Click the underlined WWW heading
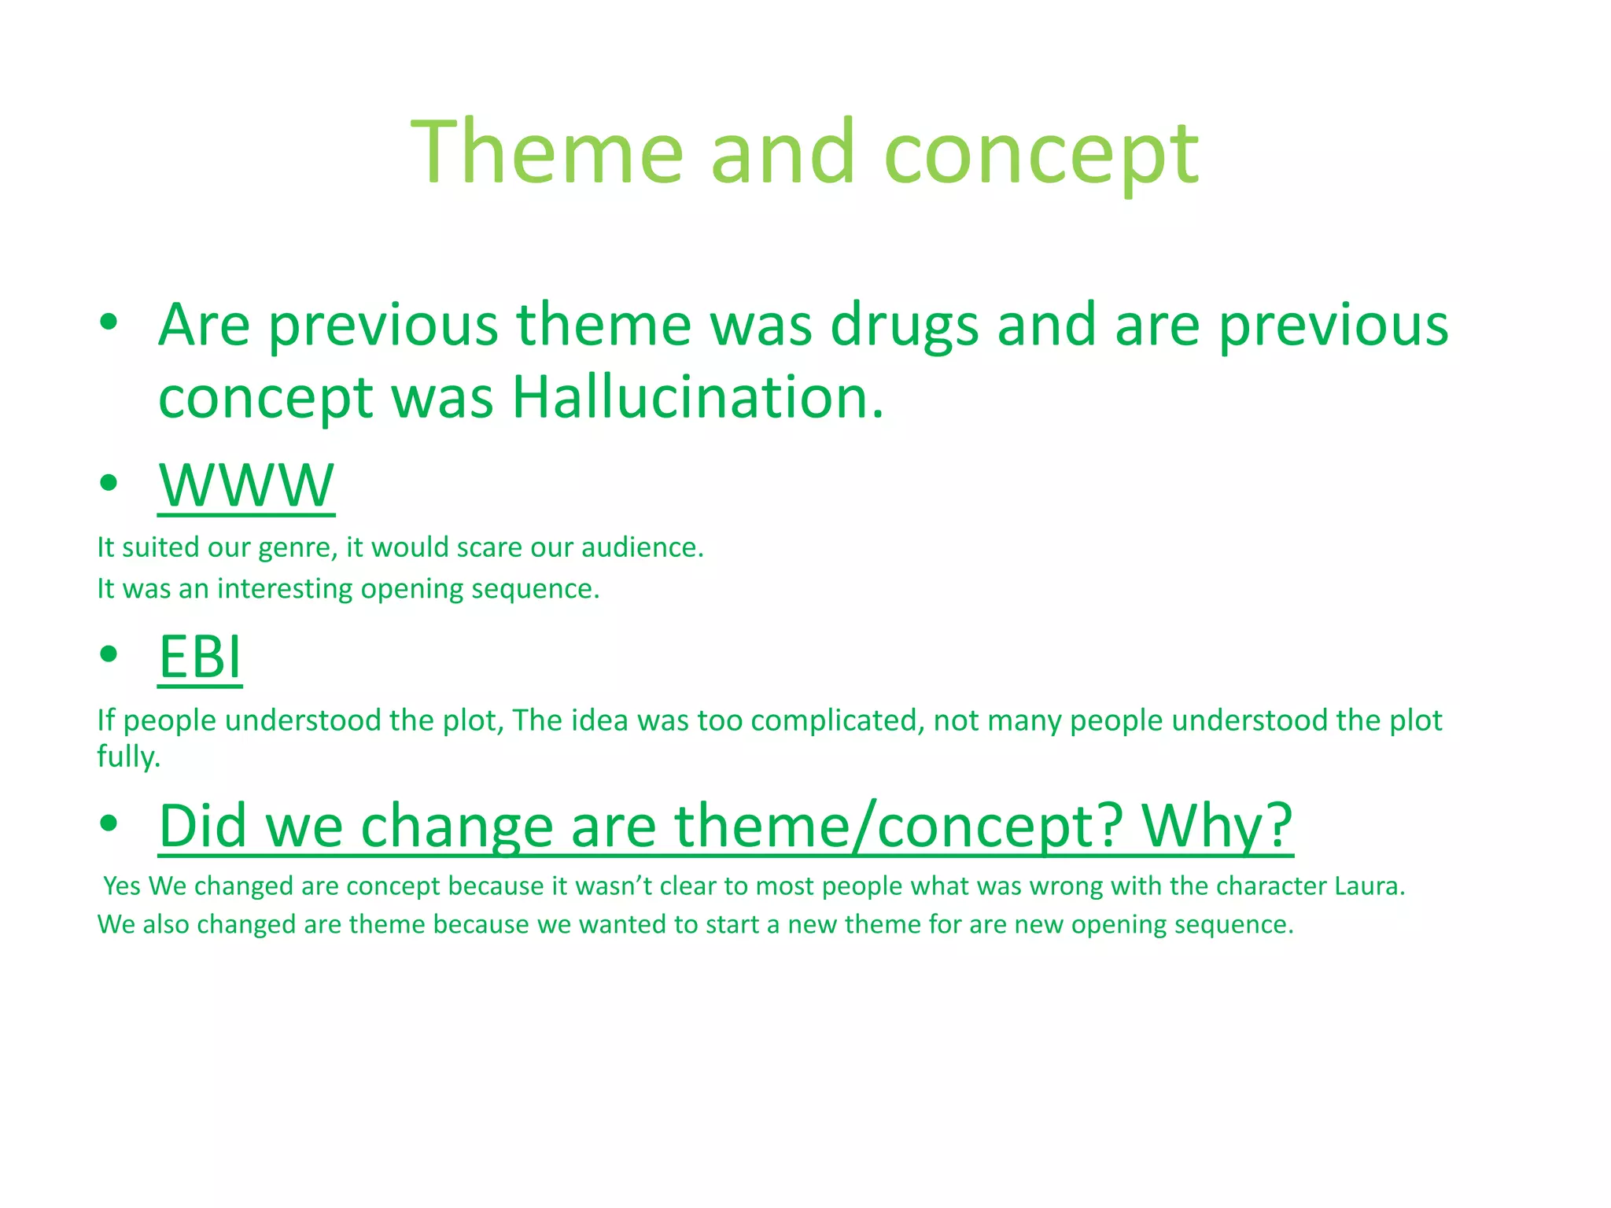[x=246, y=485]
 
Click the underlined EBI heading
[x=200, y=657]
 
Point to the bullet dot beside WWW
[x=109, y=482]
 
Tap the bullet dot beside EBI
[x=109, y=654]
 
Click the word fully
[x=128, y=757]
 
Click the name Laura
[x=1369, y=886]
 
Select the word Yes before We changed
[x=122, y=886]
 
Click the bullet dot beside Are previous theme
[x=109, y=322]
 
